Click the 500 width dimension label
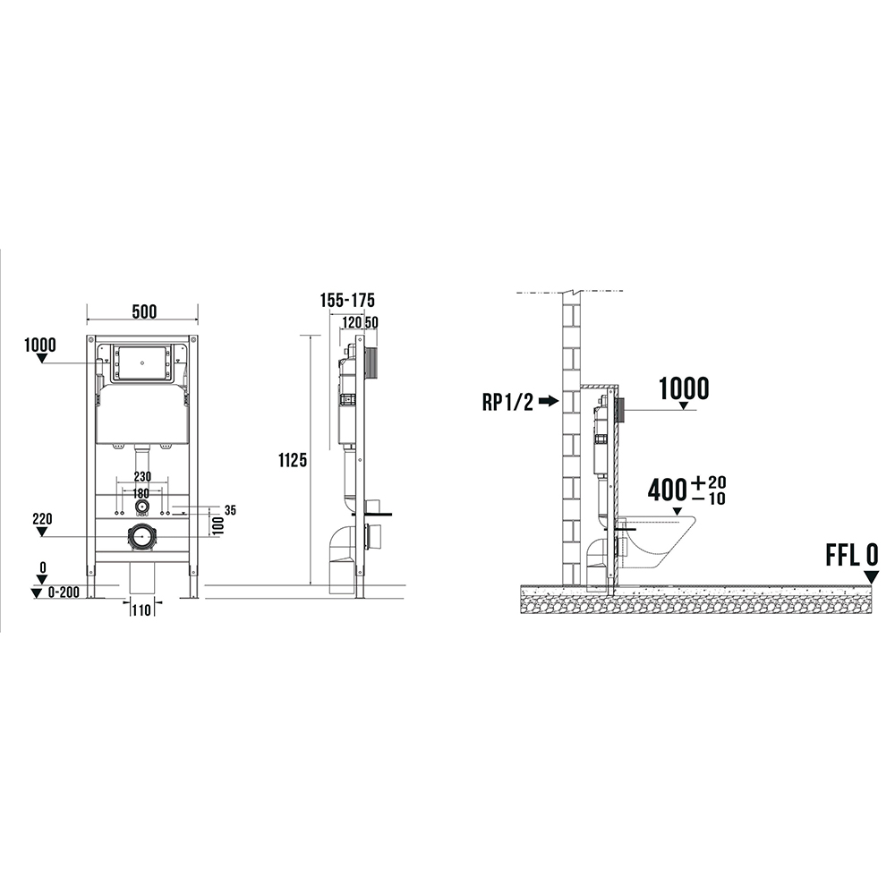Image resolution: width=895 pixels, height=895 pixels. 144,311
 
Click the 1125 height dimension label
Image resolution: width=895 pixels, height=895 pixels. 293,459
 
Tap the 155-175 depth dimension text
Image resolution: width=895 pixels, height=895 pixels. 347,300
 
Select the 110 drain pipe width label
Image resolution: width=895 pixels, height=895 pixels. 141,610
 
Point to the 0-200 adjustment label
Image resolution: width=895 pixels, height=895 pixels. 64,592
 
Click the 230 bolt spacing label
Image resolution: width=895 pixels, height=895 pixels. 142,477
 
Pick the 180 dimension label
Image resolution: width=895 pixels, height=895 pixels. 141,492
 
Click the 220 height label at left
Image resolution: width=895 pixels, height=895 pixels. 42,519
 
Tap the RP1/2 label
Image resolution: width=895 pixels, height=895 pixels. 507,402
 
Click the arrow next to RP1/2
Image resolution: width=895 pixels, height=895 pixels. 549,401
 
